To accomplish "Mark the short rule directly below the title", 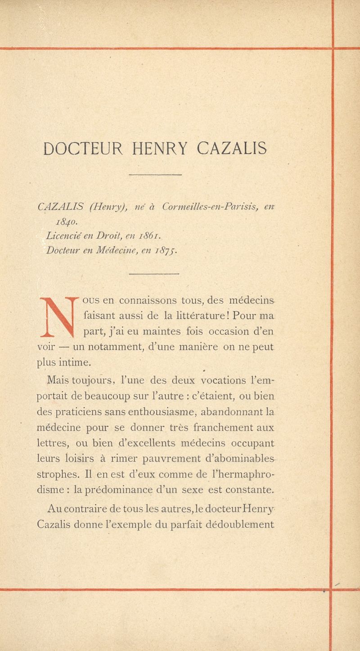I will click(155, 175).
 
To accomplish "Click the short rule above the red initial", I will click(154, 274).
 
